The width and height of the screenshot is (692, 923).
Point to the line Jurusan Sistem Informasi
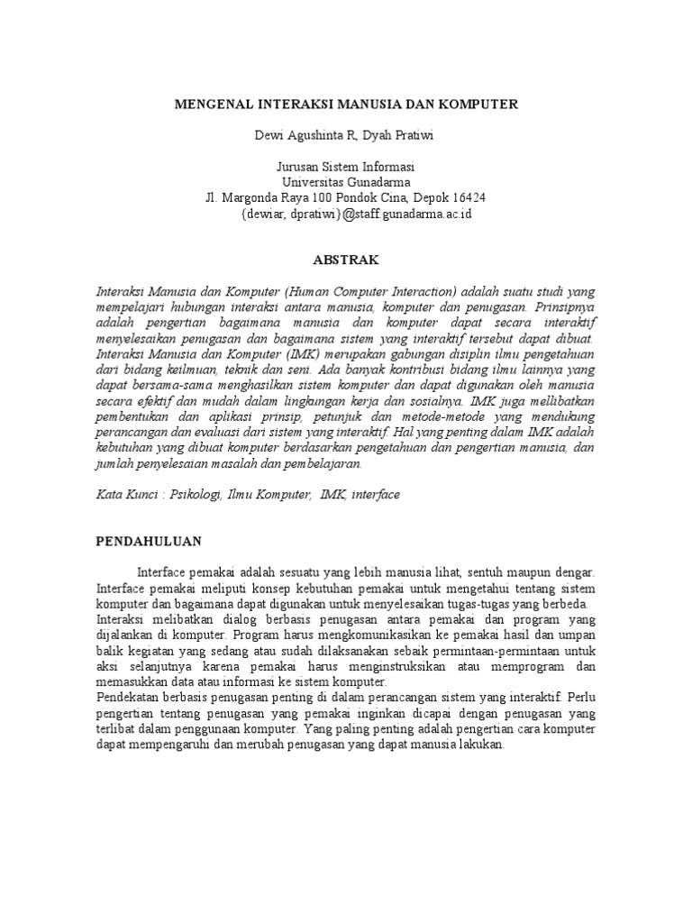(346, 168)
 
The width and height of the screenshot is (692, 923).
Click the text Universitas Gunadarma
(346, 183)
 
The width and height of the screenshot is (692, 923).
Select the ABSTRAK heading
(346, 260)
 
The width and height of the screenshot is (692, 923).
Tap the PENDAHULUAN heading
(149, 542)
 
